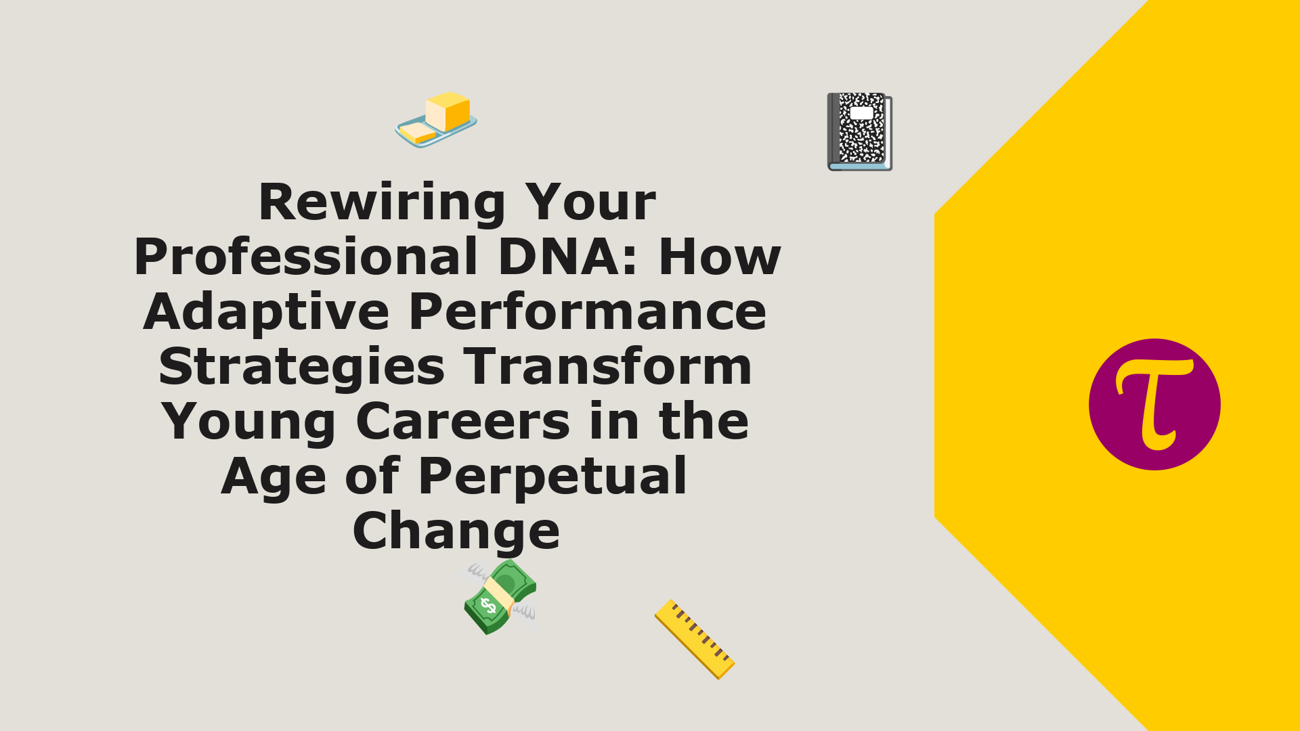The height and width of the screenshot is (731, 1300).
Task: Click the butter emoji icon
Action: [x=436, y=120]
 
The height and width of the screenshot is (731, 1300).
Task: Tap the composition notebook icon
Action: [x=860, y=131]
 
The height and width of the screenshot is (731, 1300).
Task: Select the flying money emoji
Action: [x=500, y=597]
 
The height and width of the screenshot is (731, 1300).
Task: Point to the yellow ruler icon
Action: [x=695, y=639]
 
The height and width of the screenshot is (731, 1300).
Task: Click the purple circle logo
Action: [x=1154, y=405]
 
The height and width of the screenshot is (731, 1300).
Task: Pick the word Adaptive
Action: [x=266, y=313]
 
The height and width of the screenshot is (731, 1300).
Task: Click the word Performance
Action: [x=588, y=313]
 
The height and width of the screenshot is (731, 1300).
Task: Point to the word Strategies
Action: [x=301, y=368]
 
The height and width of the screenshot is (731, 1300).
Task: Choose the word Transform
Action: [x=607, y=368]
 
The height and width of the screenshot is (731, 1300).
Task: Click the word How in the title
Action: [x=720, y=257]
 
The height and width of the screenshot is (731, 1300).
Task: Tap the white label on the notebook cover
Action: [x=862, y=112]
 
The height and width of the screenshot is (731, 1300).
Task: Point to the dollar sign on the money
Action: [x=487, y=605]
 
